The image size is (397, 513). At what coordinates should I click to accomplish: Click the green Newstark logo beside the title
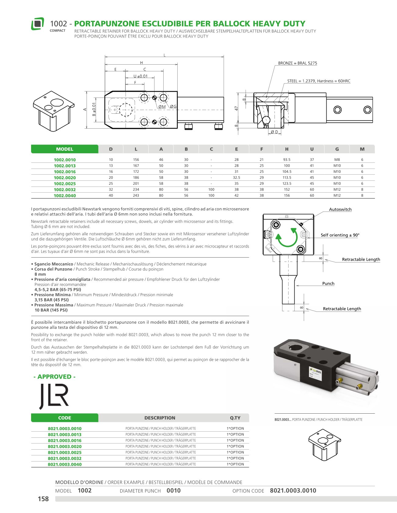(x=37, y=24)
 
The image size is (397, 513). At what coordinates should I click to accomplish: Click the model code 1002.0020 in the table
(x=65, y=178)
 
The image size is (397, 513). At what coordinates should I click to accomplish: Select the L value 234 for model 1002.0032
(x=136, y=190)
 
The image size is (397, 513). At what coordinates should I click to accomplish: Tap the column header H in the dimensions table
(x=287, y=149)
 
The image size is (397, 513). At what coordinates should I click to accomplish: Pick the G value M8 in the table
(x=337, y=160)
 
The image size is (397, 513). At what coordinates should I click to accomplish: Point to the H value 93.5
(x=287, y=160)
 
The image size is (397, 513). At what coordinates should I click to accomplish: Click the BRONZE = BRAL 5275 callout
(x=297, y=63)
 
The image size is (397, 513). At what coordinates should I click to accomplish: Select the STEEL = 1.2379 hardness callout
(x=319, y=81)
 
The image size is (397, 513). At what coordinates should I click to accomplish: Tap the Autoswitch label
(x=340, y=209)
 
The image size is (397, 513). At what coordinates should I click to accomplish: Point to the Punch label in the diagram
(x=328, y=283)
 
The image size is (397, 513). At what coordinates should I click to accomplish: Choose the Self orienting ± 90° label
(x=340, y=235)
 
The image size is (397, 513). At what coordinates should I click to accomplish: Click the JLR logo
(x=54, y=396)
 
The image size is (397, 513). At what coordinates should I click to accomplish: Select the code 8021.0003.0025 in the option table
(x=65, y=452)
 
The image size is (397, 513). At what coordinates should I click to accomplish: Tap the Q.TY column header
(x=235, y=418)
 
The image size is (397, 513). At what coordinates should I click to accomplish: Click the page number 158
(x=43, y=499)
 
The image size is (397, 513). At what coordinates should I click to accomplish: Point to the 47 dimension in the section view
(x=236, y=109)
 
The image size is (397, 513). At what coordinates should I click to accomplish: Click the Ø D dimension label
(x=275, y=132)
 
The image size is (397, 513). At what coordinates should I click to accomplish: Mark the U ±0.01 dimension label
(x=140, y=76)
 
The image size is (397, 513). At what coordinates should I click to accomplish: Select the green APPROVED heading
(x=55, y=377)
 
